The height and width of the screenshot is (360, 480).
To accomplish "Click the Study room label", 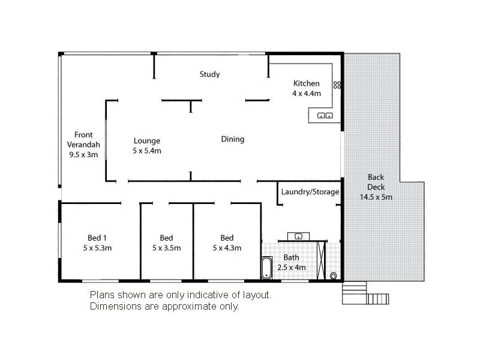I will point(209,74).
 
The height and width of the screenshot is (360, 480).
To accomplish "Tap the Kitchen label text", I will point(306,83).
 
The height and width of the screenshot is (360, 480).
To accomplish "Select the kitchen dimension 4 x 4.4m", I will point(306,94).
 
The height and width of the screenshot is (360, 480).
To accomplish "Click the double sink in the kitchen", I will point(325,115).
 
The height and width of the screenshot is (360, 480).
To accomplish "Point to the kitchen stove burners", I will point(337,85).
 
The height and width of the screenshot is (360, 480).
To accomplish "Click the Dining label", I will point(233,139).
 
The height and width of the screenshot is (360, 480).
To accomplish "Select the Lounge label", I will point(147,141).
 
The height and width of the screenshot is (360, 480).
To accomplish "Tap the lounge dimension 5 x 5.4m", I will point(147,151).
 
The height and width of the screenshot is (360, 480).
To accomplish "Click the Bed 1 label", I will point(97,237).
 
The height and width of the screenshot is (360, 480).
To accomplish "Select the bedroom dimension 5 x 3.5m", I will point(166,247).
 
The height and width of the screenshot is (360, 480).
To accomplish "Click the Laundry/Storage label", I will point(310,192).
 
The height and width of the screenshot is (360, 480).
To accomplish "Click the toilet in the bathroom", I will point(334,276).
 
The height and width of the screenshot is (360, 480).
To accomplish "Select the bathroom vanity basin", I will point(298,236).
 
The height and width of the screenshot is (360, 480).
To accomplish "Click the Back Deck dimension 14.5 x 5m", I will point(376,197).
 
